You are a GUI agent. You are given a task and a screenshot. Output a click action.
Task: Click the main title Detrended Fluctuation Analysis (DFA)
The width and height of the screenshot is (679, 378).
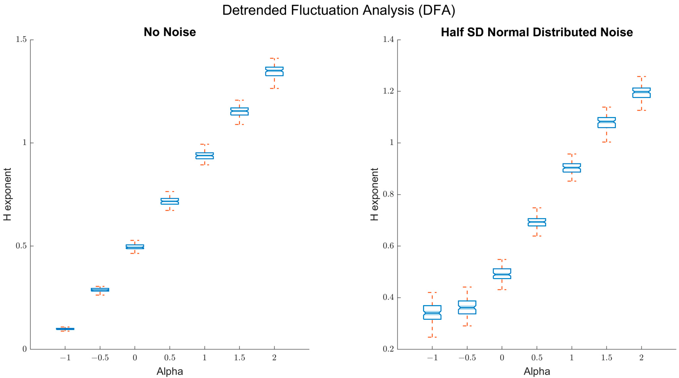(x=339, y=11)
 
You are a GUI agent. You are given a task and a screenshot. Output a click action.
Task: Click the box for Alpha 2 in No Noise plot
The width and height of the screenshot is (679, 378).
(x=274, y=71)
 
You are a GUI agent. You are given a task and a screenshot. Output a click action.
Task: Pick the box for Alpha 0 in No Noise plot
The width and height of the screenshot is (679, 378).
(x=135, y=247)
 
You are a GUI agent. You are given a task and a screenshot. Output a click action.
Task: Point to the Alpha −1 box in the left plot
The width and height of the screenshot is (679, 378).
(x=65, y=329)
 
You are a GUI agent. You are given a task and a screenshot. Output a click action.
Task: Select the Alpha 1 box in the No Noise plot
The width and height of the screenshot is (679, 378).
(x=205, y=156)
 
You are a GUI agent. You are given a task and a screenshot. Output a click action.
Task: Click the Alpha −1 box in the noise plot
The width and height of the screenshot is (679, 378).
(x=432, y=312)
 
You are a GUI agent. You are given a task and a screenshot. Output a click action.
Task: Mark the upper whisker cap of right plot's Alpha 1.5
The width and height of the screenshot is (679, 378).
(x=606, y=107)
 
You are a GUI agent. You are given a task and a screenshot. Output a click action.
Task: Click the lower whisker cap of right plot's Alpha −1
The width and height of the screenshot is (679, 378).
(x=432, y=337)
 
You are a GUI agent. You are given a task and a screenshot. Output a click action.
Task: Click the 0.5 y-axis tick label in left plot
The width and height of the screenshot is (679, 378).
(x=21, y=246)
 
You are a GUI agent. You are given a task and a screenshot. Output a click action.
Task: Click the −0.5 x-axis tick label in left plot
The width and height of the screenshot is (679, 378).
(x=100, y=358)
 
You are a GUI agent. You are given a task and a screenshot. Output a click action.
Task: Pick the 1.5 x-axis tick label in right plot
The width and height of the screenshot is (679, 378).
(x=606, y=358)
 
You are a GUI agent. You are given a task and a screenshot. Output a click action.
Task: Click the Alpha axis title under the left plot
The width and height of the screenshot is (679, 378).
(x=170, y=371)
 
